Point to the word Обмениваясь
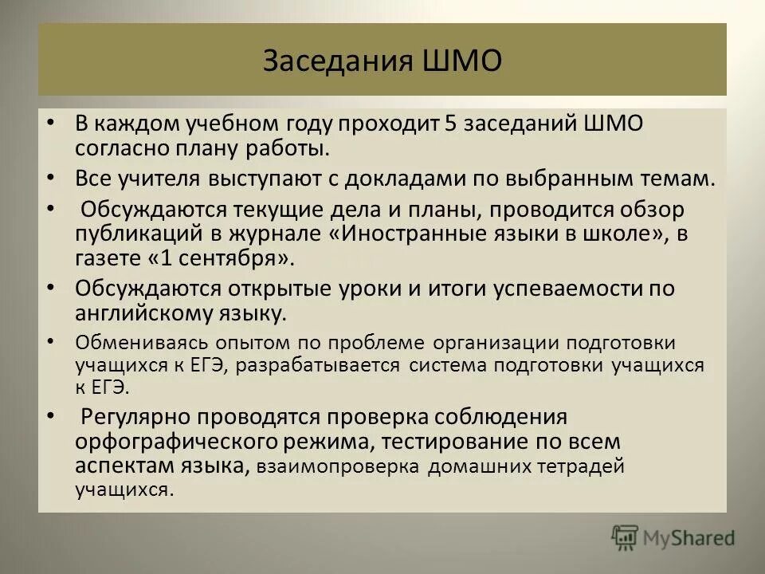[x=131, y=343]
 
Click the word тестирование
[x=468, y=441]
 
